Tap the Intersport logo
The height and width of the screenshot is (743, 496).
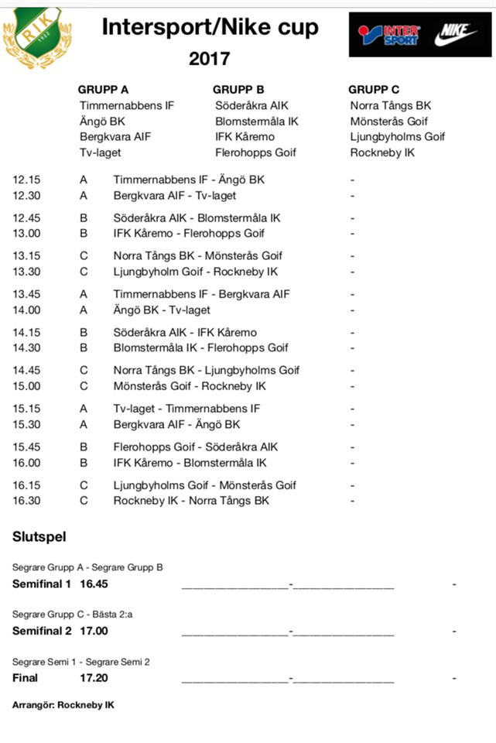391,35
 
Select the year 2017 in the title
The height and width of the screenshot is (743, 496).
209,59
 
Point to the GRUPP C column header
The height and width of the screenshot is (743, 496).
374,90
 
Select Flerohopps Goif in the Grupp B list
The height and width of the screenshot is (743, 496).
255,152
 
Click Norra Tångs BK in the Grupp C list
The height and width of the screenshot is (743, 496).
391,105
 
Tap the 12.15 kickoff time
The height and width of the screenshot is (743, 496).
27,180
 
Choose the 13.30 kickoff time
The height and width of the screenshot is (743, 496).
27,272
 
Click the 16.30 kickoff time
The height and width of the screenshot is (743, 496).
27,501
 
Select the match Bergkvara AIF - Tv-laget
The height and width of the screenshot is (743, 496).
175,196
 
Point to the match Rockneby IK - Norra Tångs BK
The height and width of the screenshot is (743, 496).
191,501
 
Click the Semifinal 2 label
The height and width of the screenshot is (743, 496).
42,631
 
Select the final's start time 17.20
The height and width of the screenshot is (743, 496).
94,678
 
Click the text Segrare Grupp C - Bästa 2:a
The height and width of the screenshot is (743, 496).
78,614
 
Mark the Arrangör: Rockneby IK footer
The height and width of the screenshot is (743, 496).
63,706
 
